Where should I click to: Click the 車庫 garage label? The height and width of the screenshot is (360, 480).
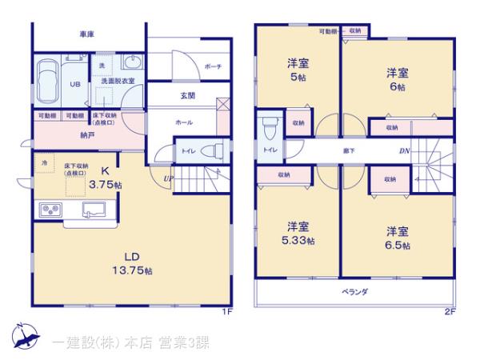pos(87,34)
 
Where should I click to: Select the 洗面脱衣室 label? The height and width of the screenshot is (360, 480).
pos(117,82)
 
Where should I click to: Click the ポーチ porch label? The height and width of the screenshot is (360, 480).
pos(213,67)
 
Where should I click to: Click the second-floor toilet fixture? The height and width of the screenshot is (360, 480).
pos(268,128)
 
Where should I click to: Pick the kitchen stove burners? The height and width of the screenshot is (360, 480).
pos(50,211)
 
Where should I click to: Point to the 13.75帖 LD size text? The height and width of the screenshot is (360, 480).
pos(122,270)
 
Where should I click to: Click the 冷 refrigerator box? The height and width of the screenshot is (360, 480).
pos(45,162)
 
